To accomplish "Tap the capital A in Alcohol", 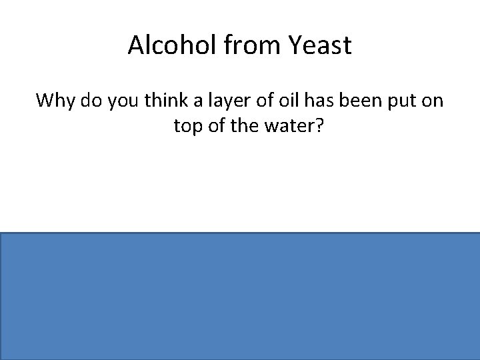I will (x=135, y=46).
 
